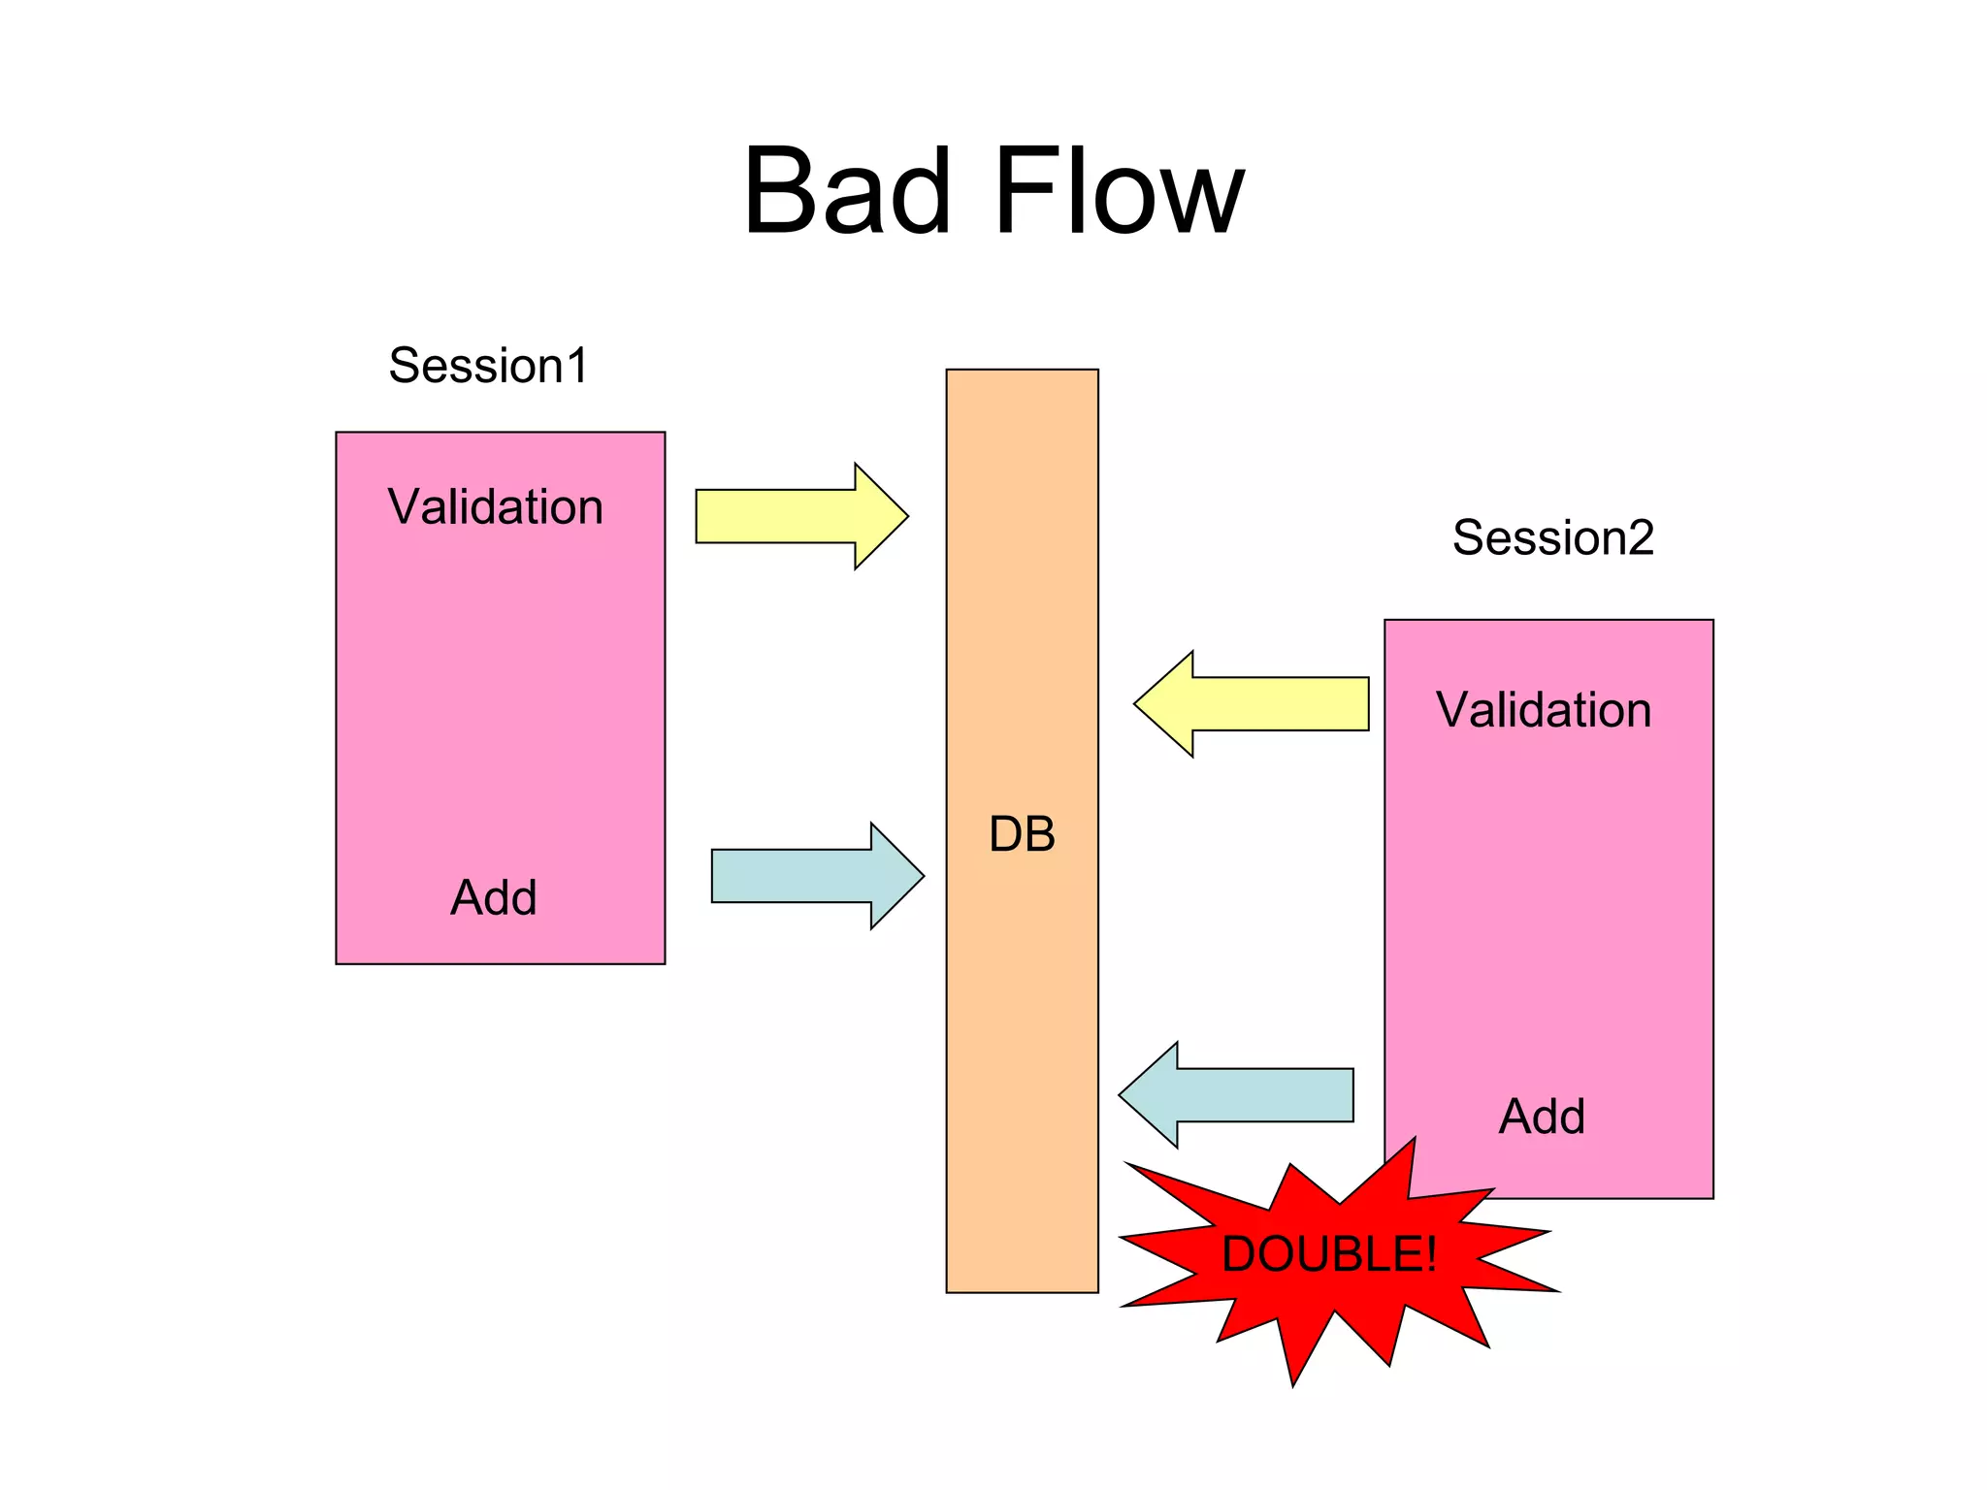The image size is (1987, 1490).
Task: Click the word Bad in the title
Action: coord(847,191)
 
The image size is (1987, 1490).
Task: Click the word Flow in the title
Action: coord(1118,191)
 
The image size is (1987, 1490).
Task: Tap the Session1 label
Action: coord(488,366)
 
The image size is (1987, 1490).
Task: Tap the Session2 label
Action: coord(1552,537)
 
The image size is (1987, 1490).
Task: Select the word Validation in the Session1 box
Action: coord(495,507)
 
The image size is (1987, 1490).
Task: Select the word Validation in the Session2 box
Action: coord(1544,710)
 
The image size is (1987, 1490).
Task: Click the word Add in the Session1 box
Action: coord(493,897)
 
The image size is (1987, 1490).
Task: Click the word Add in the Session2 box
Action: coord(1542,1117)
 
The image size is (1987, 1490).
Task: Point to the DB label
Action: coord(1022,834)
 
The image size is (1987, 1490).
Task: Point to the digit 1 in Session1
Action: coord(576,366)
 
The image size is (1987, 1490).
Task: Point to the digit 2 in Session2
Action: coord(1641,537)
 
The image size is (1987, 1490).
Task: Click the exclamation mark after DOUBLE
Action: coord(1430,1254)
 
